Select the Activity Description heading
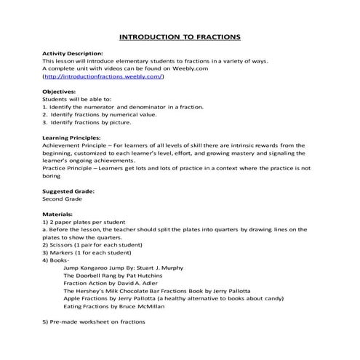click(x=73, y=54)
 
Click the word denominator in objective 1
click(x=161, y=107)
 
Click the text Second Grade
click(x=64, y=199)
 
